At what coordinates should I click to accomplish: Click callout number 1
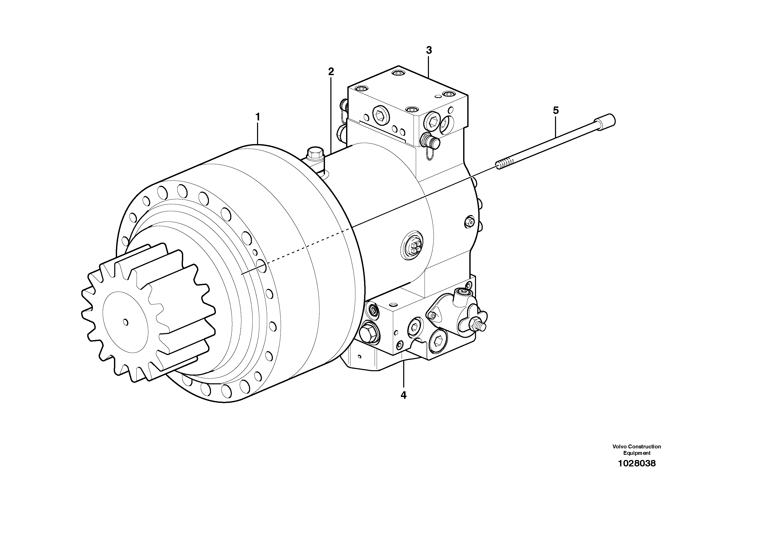257,117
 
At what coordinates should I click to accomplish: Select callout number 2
331,71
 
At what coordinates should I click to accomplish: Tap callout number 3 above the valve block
429,50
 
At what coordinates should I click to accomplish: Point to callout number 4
403,395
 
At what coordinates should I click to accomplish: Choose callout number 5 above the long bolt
556,110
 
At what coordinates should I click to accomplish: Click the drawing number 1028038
637,463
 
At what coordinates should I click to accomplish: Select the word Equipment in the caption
637,453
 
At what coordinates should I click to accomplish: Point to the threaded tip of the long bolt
504,165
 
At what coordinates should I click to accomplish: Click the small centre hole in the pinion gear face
126,322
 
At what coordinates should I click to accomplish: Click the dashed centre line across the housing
300,247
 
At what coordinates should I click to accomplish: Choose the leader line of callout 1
258,134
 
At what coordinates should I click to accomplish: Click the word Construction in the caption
645,447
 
